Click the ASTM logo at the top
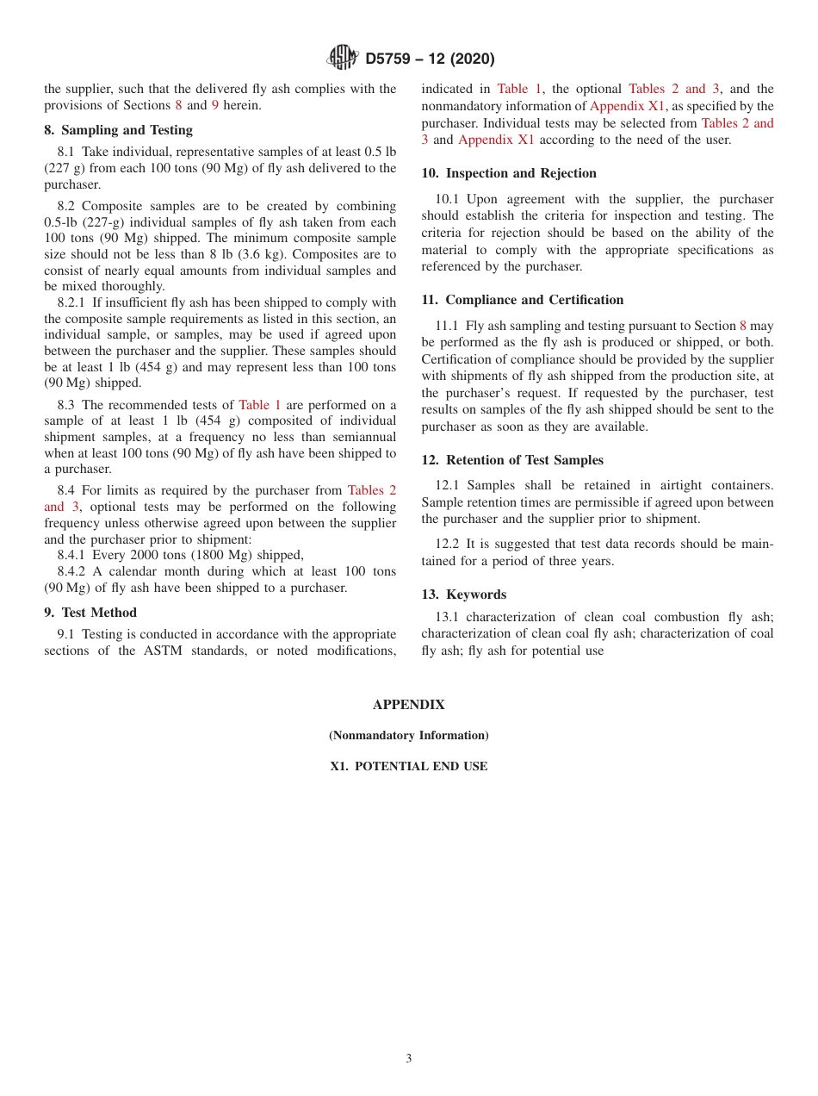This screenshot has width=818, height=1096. pos(342,59)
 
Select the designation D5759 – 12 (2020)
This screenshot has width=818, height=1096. pos(430,59)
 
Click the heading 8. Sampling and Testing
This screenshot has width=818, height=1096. pos(119,130)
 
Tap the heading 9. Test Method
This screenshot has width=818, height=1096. pos(90,613)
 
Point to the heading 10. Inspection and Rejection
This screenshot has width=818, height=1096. pos(509,173)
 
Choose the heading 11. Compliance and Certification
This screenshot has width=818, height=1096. pos(522,300)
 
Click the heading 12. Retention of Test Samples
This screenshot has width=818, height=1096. pos(512,460)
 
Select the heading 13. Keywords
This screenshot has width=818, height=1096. pos(463,595)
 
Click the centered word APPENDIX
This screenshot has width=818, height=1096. pos(408,705)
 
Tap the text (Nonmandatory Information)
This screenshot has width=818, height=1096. pos(408,736)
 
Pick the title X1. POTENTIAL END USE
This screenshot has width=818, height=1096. pos(408,766)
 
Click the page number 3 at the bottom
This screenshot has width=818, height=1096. pos(408,1059)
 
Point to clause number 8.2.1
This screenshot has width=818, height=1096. pos(72,302)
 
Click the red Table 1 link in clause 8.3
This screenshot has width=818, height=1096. pos(259,405)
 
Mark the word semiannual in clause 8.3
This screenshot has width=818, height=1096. pos(361,437)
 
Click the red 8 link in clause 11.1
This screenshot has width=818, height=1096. pos(743,326)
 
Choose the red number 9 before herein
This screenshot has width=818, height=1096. pos(215,105)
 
